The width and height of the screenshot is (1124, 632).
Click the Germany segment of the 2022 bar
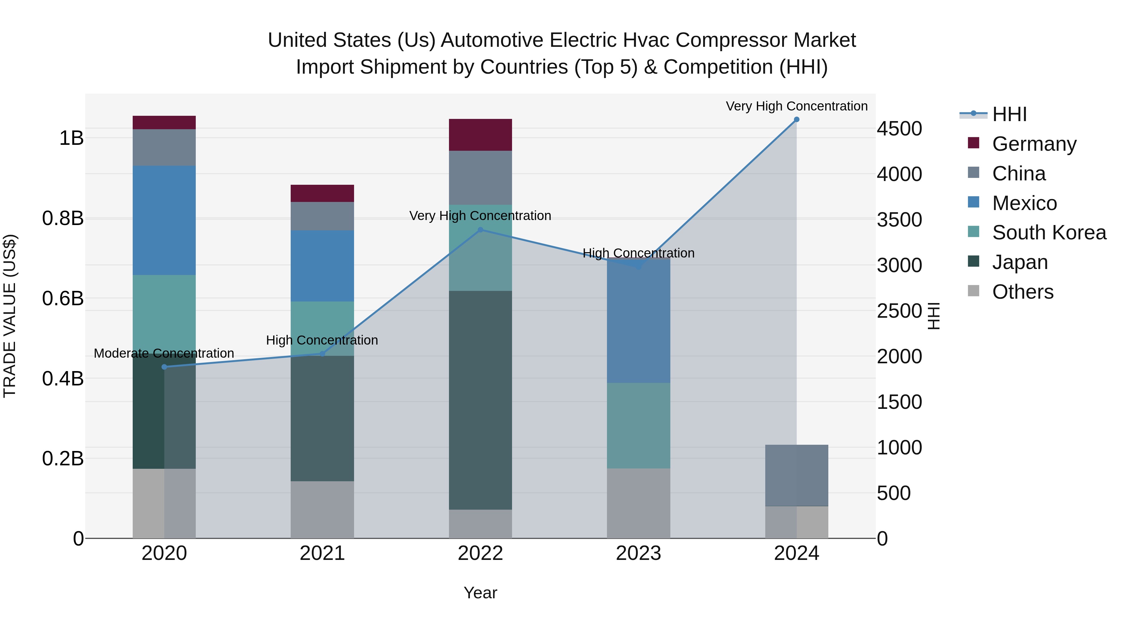[x=481, y=135]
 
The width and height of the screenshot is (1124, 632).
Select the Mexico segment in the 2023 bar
[x=638, y=321]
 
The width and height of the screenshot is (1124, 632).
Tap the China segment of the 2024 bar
[x=797, y=475]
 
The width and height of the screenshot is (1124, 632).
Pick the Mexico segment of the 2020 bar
[x=164, y=220]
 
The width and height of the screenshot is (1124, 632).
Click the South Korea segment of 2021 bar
[x=323, y=328]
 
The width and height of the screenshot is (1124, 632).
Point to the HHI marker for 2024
[x=797, y=120]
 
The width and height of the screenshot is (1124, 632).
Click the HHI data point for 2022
[x=481, y=230]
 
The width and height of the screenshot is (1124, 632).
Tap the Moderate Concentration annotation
[x=164, y=353]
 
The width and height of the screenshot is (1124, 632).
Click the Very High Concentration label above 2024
[x=797, y=106]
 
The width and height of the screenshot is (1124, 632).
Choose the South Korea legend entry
[x=1049, y=233]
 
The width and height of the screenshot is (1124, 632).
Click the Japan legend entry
[x=1020, y=262]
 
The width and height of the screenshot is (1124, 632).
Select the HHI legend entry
[x=1009, y=114]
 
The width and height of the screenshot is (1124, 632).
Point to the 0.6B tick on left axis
[x=63, y=299]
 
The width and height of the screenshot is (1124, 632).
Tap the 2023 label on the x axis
[x=638, y=553]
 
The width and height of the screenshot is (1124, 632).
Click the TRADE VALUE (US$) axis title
[x=10, y=316]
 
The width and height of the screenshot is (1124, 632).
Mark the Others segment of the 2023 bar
[x=638, y=503]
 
